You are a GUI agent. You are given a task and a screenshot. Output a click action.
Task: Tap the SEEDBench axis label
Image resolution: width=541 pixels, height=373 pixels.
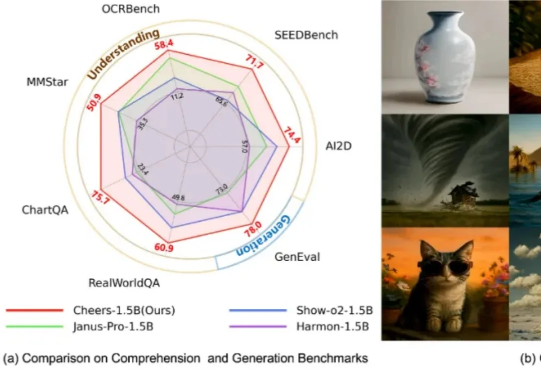click(306, 35)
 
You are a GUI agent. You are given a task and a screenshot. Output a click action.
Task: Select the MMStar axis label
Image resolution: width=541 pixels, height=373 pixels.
click(48, 82)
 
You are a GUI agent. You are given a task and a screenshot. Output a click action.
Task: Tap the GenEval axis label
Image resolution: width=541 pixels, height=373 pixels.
click(297, 258)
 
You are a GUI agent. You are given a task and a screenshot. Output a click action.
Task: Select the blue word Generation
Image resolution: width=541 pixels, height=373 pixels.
click(263, 235)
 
